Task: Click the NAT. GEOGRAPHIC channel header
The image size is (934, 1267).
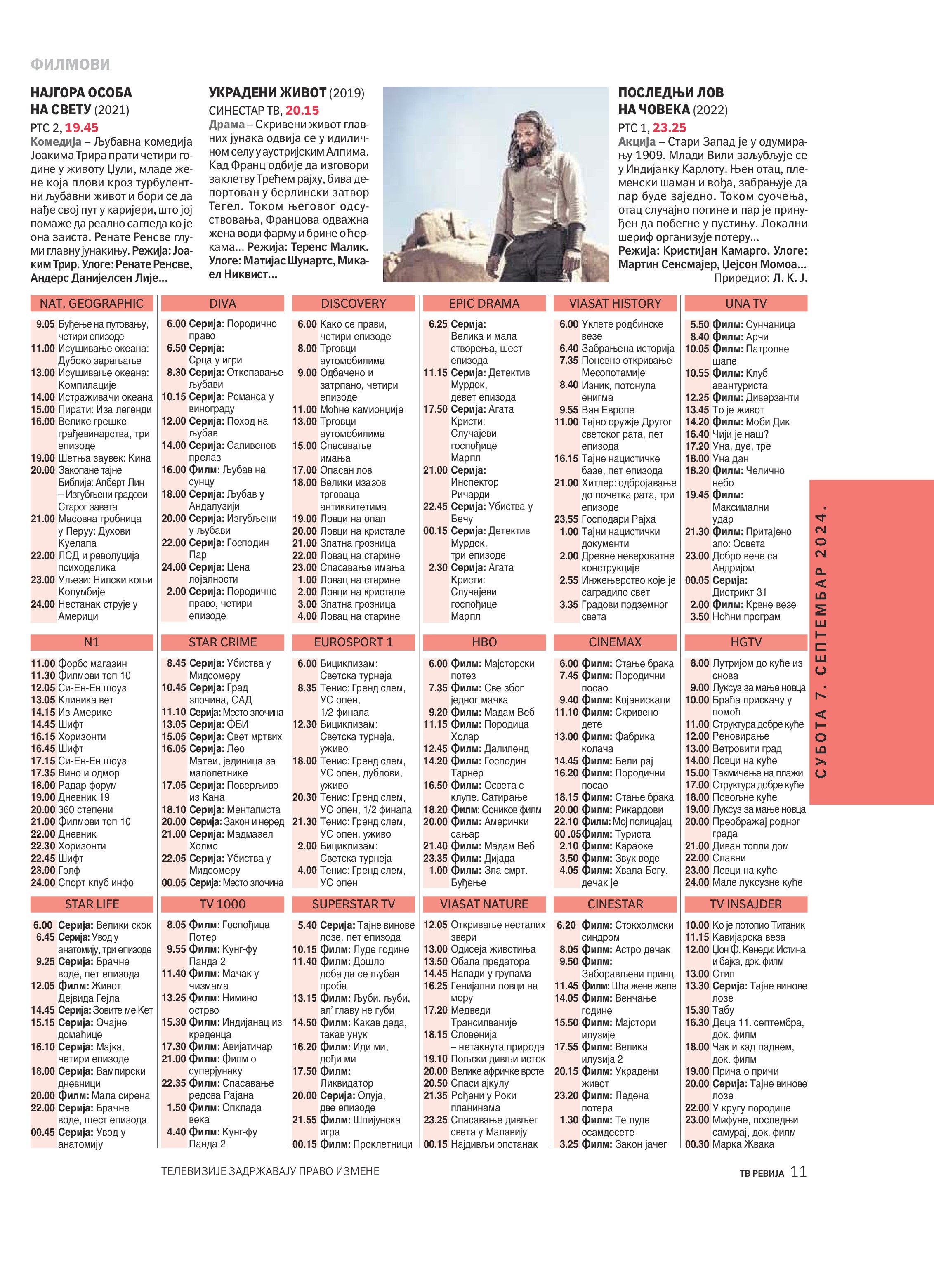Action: click(x=92, y=304)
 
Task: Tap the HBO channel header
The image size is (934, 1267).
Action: click(x=484, y=642)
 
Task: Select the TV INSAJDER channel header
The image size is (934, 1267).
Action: click(x=746, y=904)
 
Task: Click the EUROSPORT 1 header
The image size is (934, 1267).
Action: click(x=354, y=642)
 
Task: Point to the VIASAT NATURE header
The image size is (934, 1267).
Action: click(x=484, y=904)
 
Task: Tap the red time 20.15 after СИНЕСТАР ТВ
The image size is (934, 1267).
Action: click(x=302, y=110)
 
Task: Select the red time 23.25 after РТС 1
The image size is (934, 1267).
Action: click(x=670, y=128)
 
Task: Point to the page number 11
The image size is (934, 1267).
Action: click(x=798, y=1171)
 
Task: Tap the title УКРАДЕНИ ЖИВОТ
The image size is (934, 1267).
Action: click(x=267, y=93)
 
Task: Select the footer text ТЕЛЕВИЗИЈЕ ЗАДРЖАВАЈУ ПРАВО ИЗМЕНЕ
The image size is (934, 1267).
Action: click(x=270, y=1171)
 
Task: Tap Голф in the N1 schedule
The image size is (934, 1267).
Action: click(x=69, y=871)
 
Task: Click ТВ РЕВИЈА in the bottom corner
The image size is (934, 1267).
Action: click(x=762, y=1173)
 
